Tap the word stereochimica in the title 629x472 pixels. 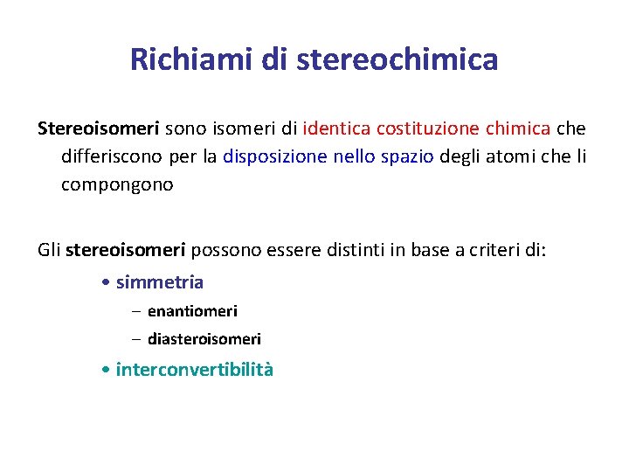tap(397, 59)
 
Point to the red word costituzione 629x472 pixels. tap(428, 128)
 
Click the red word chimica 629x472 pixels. tap(518, 128)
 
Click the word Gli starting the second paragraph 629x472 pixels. tap(49, 251)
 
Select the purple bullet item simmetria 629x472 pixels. tap(159, 282)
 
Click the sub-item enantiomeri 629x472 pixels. tap(192, 311)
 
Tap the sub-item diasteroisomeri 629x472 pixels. tap(204, 339)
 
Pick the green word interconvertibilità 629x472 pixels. tap(194, 369)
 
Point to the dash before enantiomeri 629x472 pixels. tap(135, 311)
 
